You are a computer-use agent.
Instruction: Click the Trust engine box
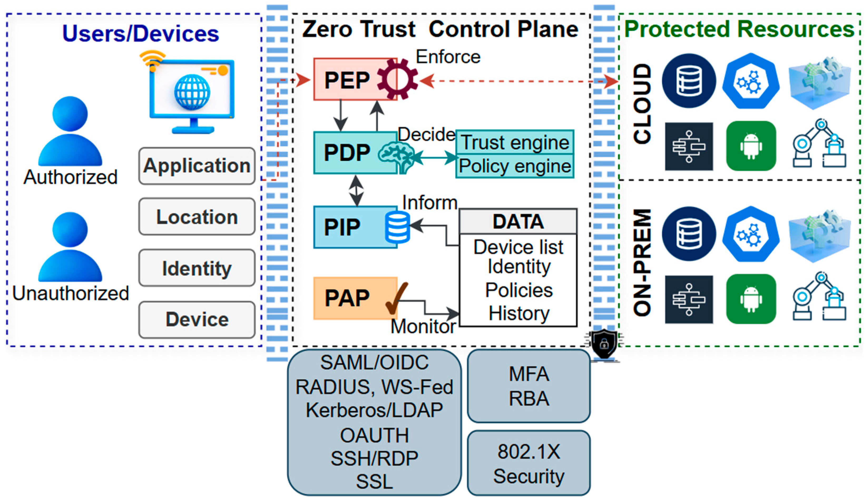click(x=515, y=142)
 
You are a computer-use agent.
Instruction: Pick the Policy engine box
click(x=515, y=166)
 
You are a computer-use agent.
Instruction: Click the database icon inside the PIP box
click(x=397, y=227)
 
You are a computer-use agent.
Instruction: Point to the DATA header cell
click(x=518, y=221)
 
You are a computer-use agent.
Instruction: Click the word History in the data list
click(x=519, y=313)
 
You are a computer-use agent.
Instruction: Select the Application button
click(x=197, y=166)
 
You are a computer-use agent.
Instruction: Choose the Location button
click(x=197, y=217)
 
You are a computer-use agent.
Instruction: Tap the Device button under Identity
click(x=197, y=320)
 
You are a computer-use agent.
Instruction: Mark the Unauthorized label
click(x=70, y=293)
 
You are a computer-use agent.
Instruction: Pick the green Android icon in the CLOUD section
click(x=751, y=146)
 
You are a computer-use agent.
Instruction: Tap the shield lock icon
click(x=604, y=344)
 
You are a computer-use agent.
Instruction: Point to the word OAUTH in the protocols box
click(x=374, y=435)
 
